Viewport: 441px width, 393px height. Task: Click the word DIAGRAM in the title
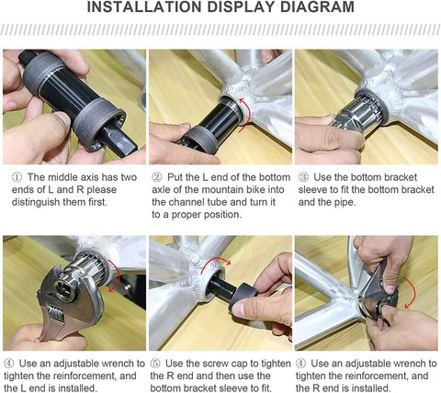coord(317,7)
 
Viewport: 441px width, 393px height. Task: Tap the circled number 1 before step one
coord(17,177)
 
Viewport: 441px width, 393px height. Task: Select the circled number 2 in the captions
coord(157,177)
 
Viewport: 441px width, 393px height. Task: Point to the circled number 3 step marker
coord(303,177)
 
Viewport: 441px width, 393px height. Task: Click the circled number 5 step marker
coord(155,364)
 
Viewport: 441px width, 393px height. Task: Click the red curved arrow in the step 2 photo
coord(247,115)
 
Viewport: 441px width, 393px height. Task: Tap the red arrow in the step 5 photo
coord(215,264)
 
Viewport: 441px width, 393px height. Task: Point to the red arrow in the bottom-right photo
coord(412,293)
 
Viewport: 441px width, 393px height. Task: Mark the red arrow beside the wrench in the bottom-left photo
coord(115,275)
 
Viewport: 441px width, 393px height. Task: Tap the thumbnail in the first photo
coord(62,118)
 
